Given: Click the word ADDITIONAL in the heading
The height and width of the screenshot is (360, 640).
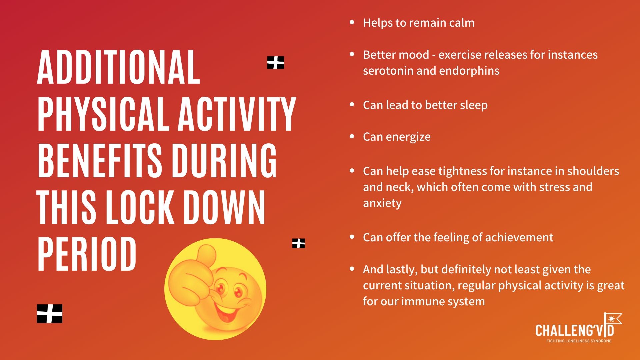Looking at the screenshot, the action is pyautogui.click(x=119, y=67).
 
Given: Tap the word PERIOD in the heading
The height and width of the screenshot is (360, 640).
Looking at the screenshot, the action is pyautogui.click(x=87, y=254).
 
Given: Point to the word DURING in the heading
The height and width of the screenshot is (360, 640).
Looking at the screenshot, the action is pyautogui.click(x=224, y=161).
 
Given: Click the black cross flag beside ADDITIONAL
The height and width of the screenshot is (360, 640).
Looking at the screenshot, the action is pyautogui.click(x=276, y=63).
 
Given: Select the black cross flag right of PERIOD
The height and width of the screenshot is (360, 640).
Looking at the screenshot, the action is pyautogui.click(x=299, y=243).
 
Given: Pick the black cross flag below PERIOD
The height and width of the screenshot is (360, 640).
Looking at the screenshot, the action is pyautogui.click(x=50, y=314).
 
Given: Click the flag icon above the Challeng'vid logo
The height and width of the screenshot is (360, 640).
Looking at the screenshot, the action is pyautogui.click(x=613, y=320).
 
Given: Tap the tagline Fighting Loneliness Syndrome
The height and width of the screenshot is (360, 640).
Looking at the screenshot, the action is pyautogui.click(x=579, y=341).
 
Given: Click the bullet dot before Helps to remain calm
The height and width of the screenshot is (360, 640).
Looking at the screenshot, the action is pyautogui.click(x=352, y=22).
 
